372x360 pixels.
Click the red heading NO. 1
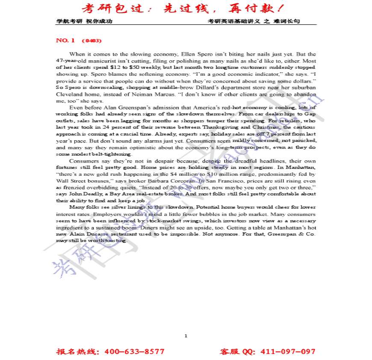(65, 41)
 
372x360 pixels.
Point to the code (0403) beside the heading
(91, 41)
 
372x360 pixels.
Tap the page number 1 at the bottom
(186, 336)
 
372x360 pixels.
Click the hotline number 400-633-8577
(134, 352)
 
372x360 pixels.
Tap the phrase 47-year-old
(68, 61)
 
